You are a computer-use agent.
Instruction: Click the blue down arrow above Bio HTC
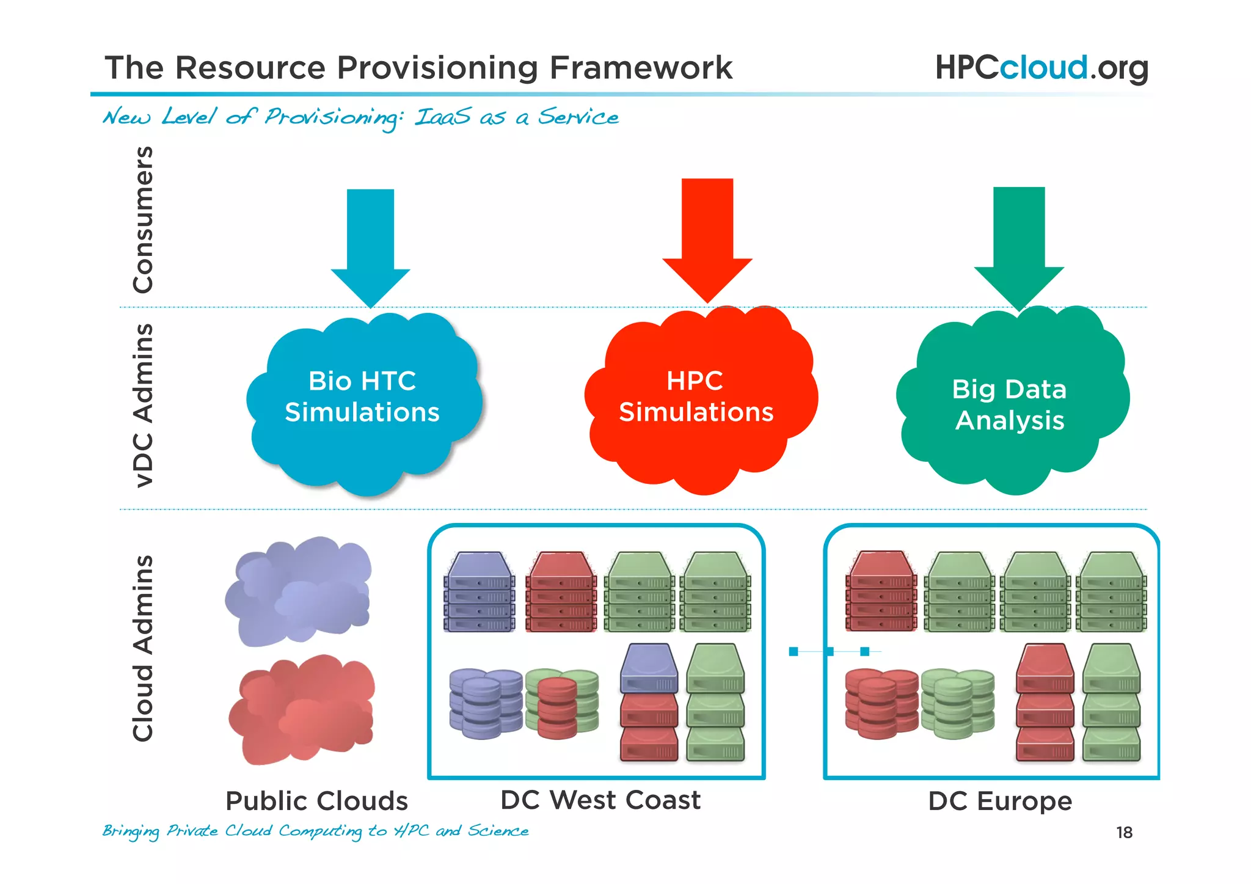click(x=370, y=244)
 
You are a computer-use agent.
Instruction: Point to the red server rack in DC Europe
click(x=881, y=591)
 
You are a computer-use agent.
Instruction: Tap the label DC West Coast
click(x=600, y=800)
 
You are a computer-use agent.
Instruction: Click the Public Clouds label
click(x=316, y=802)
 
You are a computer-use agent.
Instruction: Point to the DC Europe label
click(x=1000, y=802)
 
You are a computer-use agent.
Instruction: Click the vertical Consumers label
click(x=143, y=220)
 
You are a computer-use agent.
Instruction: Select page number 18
click(x=1124, y=833)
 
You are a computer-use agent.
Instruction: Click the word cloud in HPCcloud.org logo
click(x=1043, y=67)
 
